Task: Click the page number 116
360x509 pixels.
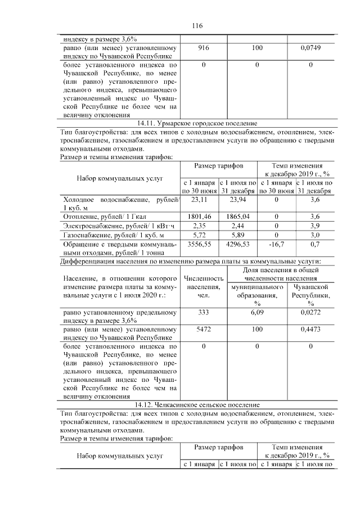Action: (197, 26)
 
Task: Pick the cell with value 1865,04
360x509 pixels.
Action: (238, 216)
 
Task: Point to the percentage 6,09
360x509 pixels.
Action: (257, 312)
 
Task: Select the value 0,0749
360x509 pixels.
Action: (310, 48)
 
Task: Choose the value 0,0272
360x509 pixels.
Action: (310, 312)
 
